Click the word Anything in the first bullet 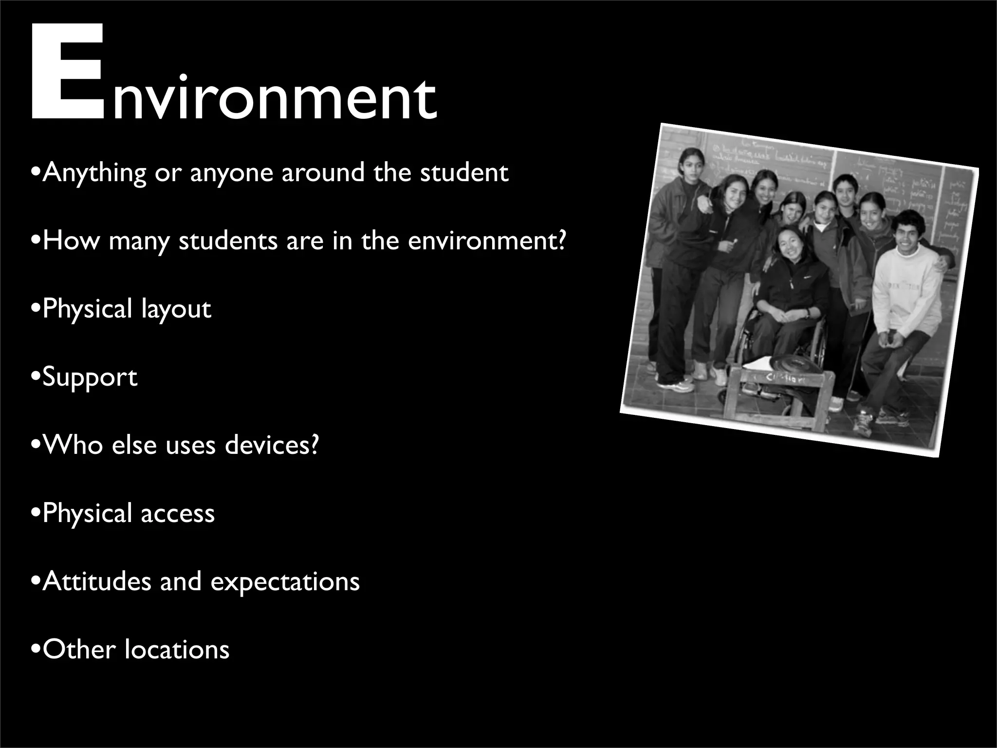click(94, 173)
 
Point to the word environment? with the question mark click(487, 241)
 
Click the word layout click(176, 310)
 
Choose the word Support click(90, 378)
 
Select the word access click(178, 514)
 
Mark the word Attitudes click(97, 581)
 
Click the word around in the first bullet click(323, 173)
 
